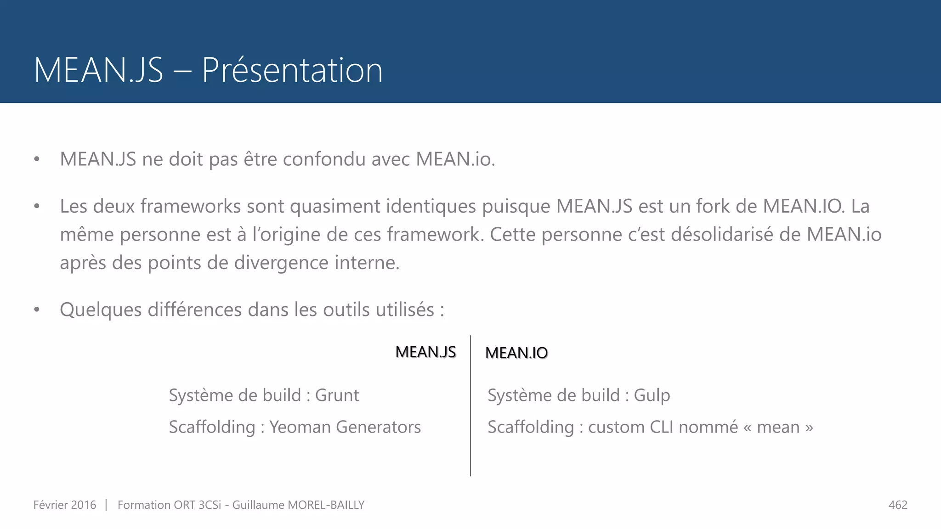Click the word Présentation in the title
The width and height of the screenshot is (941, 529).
coord(292,70)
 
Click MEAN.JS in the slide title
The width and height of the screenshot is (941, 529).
coord(98,70)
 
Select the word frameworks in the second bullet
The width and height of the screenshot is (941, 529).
coord(191,206)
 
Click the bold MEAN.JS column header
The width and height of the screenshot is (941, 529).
coord(425,352)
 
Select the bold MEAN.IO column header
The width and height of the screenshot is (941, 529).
coord(516,353)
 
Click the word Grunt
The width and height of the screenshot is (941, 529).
coord(337,395)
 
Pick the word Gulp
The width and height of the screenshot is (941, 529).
coord(652,395)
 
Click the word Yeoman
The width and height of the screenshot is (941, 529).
coord(300,427)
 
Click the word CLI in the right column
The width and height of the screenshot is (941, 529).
coord(662,427)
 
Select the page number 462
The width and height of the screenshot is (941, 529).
coord(898,505)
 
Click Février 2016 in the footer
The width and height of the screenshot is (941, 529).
coord(65,505)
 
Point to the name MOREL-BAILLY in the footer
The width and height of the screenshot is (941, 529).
coord(326,505)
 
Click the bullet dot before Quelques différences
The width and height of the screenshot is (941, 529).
coord(37,310)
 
